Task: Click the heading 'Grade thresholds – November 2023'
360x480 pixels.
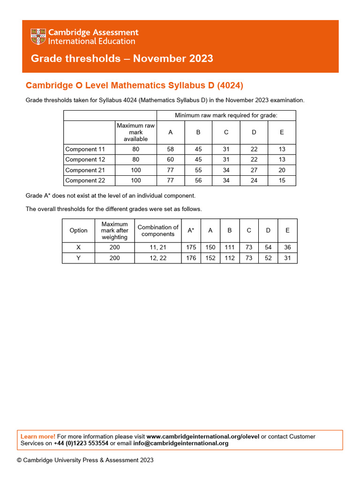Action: (x=122, y=59)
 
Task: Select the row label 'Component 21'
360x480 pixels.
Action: (x=85, y=170)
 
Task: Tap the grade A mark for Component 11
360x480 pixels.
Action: (x=170, y=149)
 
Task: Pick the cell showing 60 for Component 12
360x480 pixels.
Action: (x=170, y=159)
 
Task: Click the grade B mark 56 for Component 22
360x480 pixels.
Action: (x=198, y=180)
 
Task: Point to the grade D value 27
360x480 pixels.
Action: (x=254, y=170)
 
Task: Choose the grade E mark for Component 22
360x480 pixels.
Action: (x=282, y=180)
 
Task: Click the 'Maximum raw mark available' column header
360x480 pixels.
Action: (x=135, y=132)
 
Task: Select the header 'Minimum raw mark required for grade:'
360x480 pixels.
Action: (x=226, y=115)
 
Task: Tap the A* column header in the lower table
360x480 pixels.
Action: (x=191, y=230)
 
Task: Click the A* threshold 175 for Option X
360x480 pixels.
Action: (x=191, y=247)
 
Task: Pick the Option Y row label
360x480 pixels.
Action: (x=78, y=258)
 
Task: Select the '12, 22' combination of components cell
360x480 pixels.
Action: (x=158, y=258)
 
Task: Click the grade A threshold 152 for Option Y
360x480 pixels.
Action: (x=210, y=258)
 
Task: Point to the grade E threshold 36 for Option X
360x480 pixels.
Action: (x=287, y=247)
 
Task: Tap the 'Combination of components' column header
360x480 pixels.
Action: (x=158, y=230)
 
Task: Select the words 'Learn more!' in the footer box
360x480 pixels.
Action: (x=38, y=436)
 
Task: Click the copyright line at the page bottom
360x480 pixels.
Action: (x=85, y=460)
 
